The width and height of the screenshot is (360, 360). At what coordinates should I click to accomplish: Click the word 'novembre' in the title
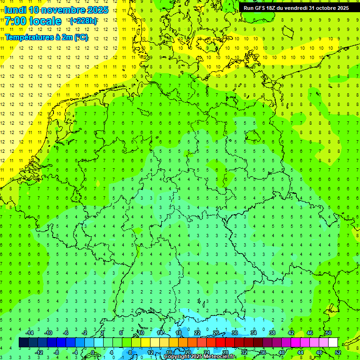pos(63,10)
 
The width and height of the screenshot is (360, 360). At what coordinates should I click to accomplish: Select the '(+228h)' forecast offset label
pos(83,21)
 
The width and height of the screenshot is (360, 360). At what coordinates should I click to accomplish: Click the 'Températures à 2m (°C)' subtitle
pos(46,37)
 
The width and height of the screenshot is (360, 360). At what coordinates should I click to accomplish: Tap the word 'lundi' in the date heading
pos(15,10)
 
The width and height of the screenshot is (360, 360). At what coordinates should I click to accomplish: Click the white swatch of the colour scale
pos(333,343)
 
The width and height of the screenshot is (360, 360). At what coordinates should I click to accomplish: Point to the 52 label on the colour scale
pos(338,352)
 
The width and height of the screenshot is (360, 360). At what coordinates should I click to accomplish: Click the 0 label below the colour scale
pos(93,352)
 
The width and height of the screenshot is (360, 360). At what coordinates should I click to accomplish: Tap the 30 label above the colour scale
pos(234,333)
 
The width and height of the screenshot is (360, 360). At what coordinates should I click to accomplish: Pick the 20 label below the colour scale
pos(187,352)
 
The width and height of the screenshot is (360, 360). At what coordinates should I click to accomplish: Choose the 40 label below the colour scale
pos(281,352)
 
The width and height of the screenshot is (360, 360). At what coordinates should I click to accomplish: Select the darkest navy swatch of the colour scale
pos(23,343)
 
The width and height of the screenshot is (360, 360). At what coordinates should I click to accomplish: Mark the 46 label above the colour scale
pos(309,333)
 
